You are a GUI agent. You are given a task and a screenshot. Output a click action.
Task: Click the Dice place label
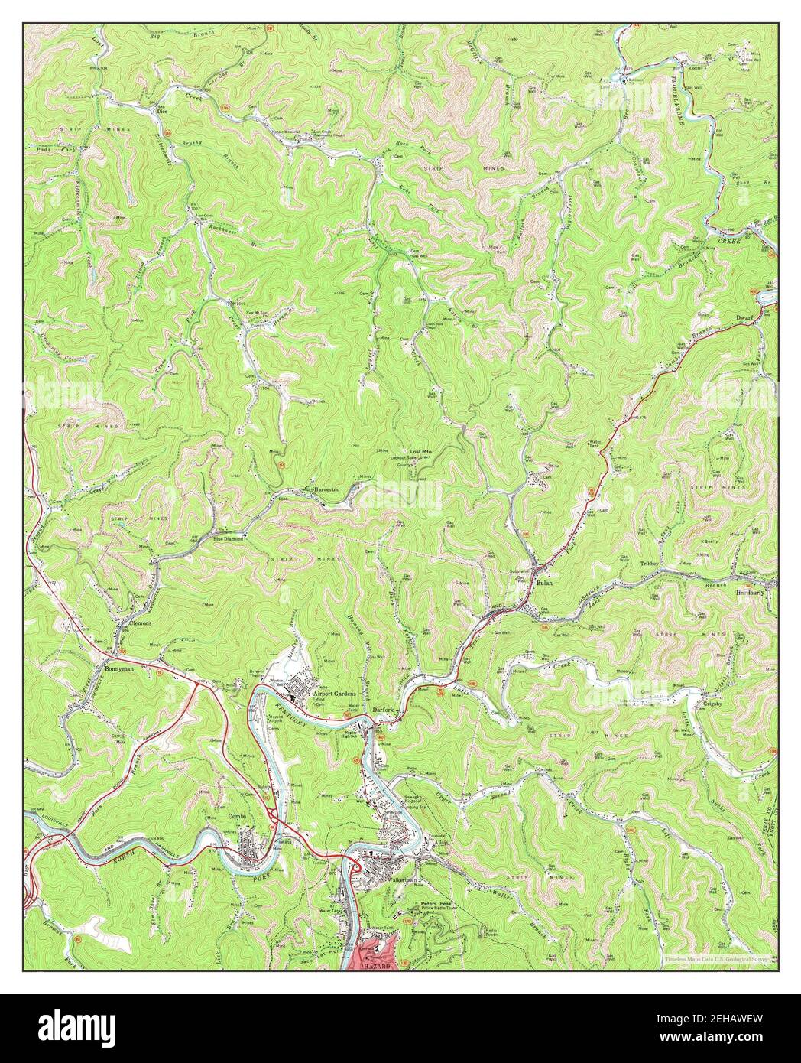click(x=161, y=111)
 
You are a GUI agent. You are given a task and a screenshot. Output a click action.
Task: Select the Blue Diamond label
click(x=228, y=538)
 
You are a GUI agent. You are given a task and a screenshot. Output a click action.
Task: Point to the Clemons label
click(x=140, y=623)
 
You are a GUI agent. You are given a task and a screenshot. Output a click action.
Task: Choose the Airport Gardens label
click(x=335, y=693)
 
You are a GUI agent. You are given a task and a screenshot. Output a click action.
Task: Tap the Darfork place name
click(x=382, y=710)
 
